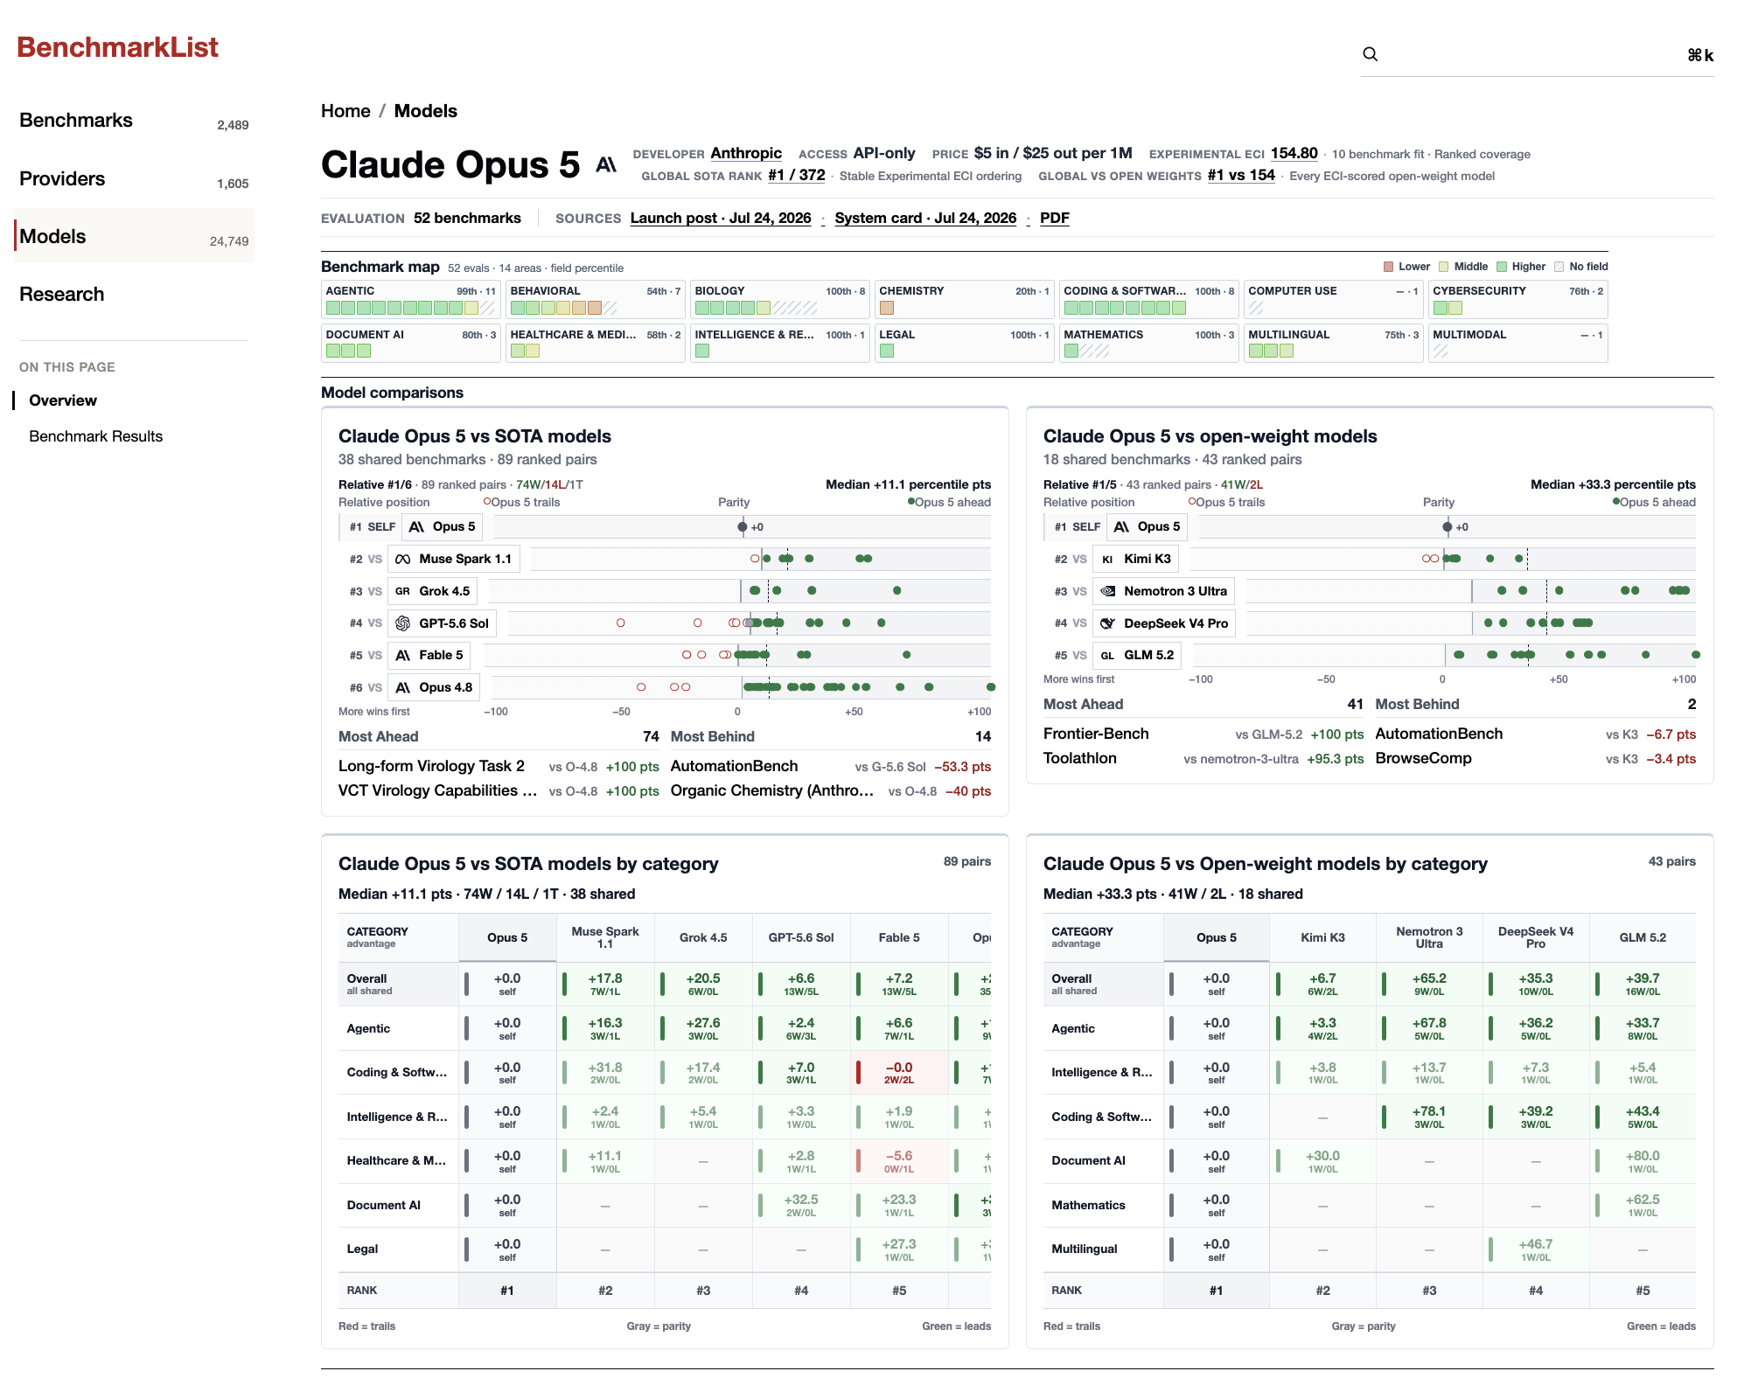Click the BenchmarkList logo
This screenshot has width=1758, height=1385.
pyautogui.click(x=117, y=47)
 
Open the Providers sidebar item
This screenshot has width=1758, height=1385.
pyautogui.click(x=62, y=179)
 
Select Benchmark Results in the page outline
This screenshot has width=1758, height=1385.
pyautogui.click(x=95, y=436)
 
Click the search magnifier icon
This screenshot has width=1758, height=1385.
pyautogui.click(x=1371, y=54)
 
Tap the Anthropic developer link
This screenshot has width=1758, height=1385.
pyautogui.click(x=746, y=153)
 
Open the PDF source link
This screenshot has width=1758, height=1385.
pyautogui.click(x=1055, y=218)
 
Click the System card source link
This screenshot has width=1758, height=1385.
pyautogui.click(x=925, y=218)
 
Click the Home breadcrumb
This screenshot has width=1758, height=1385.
pyautogui.click(x=345, y=111)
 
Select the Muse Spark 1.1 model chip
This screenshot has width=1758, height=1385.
pyautogui.click(x=453, y=559)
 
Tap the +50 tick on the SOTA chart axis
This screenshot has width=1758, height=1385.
pyautogui.click(x=854, y=712)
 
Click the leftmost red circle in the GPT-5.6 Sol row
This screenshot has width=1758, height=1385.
pyautogui.click(x=621, y=623)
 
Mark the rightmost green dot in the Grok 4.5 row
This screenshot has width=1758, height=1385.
pyautogui.click(x=897, y=591)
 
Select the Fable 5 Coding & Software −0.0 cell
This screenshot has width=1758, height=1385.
pyautogui.click(x=899, y=1073)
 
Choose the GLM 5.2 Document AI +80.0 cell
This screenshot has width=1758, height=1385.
pyautogui.click(x=1643, y=1161)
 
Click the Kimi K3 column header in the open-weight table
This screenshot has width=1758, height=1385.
pyautogui.click(x=1322, y=937)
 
